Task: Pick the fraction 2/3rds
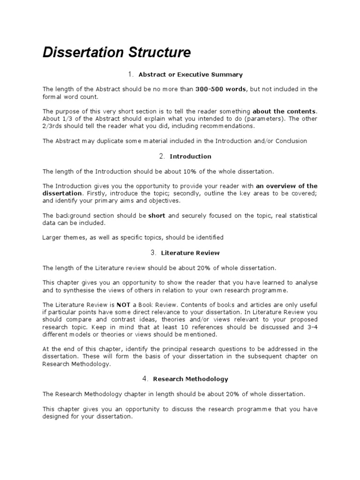pyautogui.click(x=55, y=126)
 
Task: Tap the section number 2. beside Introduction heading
pyautogui.click(x=161, y=156)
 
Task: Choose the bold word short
pyautogui.click(x=157, y=216)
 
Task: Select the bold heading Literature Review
pyautogui.click(x=190, y=253)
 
